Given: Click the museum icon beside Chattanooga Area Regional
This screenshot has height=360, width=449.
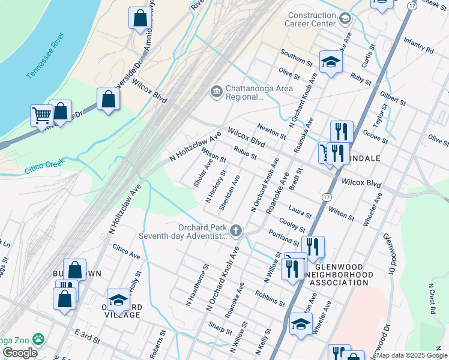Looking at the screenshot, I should click(215, 92).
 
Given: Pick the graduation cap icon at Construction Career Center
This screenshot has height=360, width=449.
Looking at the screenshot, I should click(345, 19).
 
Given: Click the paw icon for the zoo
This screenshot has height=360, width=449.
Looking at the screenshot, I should click(39, 339).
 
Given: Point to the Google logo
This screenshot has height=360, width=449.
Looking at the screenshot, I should click(20, 352).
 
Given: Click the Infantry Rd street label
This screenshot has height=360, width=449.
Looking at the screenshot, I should click(418, 46).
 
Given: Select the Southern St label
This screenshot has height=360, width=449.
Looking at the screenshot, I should click(297, 58).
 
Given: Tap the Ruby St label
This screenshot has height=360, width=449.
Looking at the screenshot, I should click(361, 78).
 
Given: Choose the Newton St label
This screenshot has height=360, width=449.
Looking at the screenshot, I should click(270, 131).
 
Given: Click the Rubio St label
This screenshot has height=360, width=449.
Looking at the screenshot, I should click(246, 154).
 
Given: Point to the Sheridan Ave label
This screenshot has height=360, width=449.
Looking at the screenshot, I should click(230, 193).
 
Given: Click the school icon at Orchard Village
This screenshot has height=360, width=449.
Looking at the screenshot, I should click(118, 299).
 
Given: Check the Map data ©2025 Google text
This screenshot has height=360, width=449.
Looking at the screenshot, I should click(412, 355).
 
